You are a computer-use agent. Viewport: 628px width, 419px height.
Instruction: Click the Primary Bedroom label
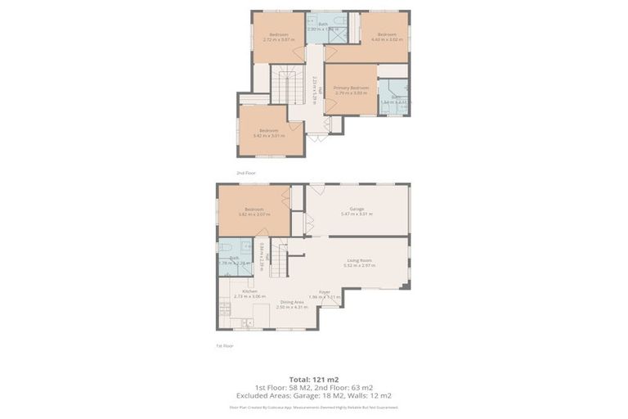pos(351,88)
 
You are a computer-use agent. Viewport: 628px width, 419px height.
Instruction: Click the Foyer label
pos(325,291)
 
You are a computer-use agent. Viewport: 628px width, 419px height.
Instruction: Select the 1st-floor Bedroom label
pos(253,209)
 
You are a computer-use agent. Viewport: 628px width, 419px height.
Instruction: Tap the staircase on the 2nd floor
pos(287,86)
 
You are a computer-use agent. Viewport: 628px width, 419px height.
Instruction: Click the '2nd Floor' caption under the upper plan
pos(246,173)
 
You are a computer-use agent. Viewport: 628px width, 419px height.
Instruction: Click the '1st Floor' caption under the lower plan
pos(225,345)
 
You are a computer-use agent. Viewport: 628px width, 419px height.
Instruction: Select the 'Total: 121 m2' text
pos(314,379)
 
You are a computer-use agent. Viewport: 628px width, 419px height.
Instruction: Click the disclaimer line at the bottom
pos(314,407)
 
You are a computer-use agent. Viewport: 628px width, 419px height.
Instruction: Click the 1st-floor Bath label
pos(234,258)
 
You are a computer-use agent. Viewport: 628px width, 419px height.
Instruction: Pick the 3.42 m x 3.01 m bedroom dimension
pos(271,136)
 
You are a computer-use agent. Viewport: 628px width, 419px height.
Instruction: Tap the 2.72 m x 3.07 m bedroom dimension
pos(277,39)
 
